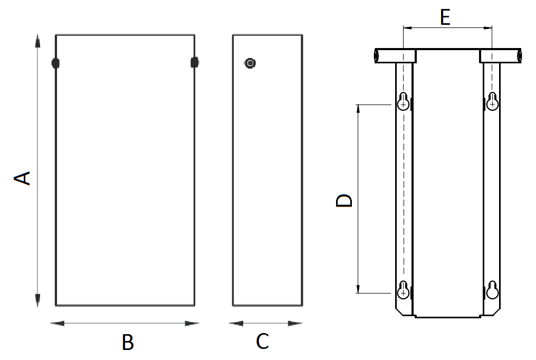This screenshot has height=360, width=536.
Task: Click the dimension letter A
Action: pyautogui.click(x=22, y=178)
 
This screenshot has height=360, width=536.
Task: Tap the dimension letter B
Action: pyautogui.click(x=128, y=342)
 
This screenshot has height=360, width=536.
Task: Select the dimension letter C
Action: pyautogui.click(x=263, y=341)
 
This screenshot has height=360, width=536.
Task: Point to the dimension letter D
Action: pyautogui.click(x=344, y=201)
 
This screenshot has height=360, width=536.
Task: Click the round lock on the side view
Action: pyautogui.click(x=250, y=63)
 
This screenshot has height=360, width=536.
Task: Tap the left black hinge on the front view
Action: pyautogui.click(x=55, y=63)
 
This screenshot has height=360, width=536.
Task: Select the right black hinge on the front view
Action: pyautogui.click(x=194, y=63)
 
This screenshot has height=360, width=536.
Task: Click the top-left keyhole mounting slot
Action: pyautogui.click(x=404, y=101)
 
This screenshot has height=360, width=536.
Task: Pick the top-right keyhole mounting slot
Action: pyautogui.click(x=492, y=101)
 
